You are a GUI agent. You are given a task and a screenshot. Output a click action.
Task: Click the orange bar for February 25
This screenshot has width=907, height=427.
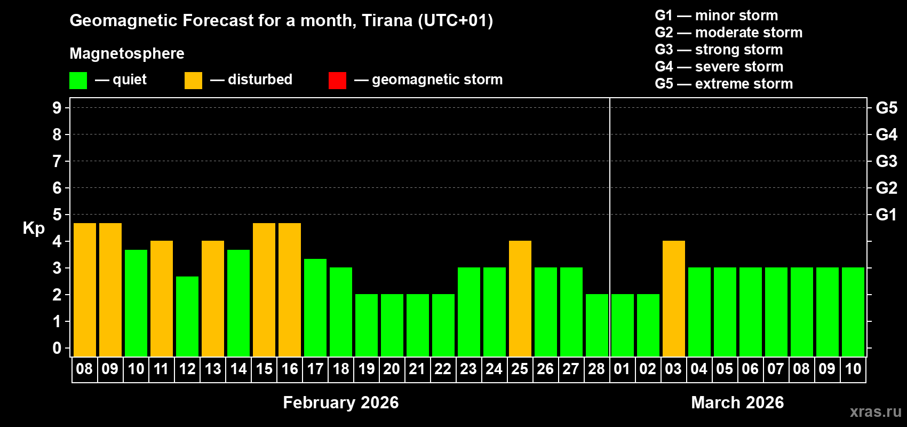(x=520, y=298)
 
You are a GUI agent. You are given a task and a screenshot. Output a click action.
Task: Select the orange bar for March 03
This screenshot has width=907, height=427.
(x=674, y=298)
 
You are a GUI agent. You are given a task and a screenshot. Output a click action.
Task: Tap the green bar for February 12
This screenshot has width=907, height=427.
(x=187, y=316)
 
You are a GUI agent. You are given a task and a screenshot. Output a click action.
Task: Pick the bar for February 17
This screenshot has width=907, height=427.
(x=315, y=307)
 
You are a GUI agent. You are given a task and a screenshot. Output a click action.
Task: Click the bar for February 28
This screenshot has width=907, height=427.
(x=597, y=325)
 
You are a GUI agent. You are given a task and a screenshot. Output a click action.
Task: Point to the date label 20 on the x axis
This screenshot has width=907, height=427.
(x=392, y=369)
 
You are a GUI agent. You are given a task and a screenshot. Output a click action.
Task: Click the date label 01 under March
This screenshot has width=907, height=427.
(x=622, y=369)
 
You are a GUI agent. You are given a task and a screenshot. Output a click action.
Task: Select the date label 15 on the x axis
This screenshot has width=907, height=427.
(x=264, y=369)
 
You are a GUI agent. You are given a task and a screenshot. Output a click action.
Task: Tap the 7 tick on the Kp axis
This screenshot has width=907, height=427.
(x=57, y=161)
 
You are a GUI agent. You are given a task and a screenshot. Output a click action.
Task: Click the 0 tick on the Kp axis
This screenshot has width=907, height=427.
(x=57, y=349)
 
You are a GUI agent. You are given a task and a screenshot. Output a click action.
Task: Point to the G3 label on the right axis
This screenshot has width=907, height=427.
(x=886, y=161)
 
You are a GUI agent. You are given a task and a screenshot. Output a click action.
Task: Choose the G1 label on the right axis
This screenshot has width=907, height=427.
(x=886, y=215)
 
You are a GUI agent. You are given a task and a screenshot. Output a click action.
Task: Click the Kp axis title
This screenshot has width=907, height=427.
(x=34, y=228)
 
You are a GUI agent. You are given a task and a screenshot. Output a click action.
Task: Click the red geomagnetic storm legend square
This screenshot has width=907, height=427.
(x=337, y=81)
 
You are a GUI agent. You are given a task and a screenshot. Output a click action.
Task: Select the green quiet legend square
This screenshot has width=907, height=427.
(x=78, y=81)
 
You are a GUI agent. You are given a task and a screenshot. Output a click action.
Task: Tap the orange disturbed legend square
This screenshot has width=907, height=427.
(x=193, y=81)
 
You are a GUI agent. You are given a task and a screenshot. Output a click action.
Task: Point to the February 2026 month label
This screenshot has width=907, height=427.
(x=340, y=402)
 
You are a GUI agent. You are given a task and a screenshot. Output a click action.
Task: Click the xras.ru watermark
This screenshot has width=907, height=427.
(x=876, y=412)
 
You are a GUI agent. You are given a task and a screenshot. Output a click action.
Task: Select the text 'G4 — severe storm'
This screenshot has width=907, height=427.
(x=719, y=67)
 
